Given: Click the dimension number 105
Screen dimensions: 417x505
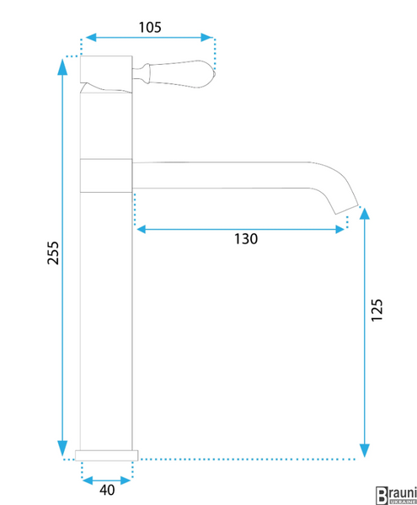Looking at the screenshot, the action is (x=150, y=28).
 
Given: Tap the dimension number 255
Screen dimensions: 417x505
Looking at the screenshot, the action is (x=53, y=252).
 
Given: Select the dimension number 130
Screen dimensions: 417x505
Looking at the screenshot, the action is (x=246, y=239).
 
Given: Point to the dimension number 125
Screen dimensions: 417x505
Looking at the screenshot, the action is (x=377, y=310).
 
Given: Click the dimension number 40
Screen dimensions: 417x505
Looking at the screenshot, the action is (x=107, y=490).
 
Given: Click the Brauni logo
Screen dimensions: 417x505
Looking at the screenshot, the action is (x=397, y=496).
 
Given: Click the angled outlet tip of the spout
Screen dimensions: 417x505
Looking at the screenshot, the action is (x=347, y=210).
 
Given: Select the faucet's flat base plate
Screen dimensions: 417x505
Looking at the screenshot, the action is (x=107, y=455).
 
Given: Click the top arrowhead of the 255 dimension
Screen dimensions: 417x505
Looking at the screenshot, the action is (x=62, y=66).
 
